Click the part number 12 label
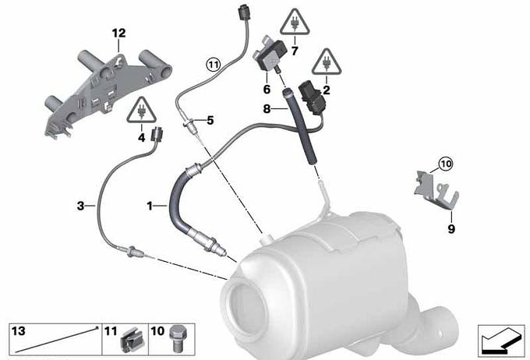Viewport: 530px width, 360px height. pos(119,34)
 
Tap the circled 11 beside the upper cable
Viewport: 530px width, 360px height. pos(214,64)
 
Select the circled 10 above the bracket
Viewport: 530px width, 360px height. pos(446,164)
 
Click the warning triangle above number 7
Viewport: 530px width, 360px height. pos(295,23)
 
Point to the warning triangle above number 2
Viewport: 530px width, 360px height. pos(327,62)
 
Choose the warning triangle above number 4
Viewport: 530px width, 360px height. pos(141,110)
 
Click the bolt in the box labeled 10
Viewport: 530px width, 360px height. pos(175,338)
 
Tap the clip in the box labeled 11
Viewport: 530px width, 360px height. pos(129,340)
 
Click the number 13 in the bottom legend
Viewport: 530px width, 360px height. pos(18,331)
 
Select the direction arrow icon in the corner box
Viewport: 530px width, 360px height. pos(501,340)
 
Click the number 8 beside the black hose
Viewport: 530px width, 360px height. pos(267,109)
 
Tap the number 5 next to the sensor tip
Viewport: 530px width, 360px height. pos(210,120)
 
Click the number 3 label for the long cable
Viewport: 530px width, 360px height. pos(80,206)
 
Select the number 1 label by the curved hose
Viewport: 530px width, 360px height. pos(150,206)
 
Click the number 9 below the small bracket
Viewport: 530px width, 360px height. pos(451,229)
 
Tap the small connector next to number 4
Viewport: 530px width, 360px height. pos(157,134)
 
